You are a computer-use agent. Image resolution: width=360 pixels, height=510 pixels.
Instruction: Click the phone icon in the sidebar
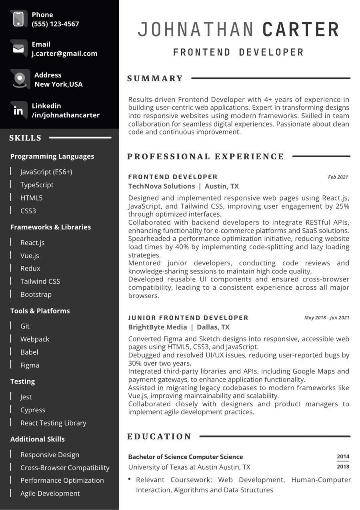(x=18, y=19)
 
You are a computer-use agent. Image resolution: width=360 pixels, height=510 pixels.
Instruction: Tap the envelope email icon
(x=18, y=49)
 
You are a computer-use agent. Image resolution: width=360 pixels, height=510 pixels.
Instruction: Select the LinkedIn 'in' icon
(x=18, y=110)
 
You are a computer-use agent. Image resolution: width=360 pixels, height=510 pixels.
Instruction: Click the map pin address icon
(x=20, y=79)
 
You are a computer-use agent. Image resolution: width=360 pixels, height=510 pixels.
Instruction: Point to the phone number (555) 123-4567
(x=55, y=24)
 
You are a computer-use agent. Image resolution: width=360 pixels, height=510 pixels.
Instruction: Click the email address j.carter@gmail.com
(x=64, y=53)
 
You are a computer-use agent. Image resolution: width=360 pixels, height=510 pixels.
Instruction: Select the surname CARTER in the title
(x=301, y=30)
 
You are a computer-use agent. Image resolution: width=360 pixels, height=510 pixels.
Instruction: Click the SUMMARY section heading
(x=155, y=79)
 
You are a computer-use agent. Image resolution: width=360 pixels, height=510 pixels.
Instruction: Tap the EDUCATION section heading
(x=159, y=437)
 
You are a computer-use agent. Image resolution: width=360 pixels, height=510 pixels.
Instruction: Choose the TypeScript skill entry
(x=37, y=185)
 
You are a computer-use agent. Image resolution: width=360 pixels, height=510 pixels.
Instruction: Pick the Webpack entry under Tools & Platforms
(x=35, y=339)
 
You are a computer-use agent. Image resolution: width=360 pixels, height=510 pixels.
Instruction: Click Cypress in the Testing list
(x=33, y=410)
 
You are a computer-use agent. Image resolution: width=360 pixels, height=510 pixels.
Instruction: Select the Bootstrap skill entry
(x=36, y=294)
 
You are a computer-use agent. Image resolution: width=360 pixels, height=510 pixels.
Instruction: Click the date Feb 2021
(x=338, y=177)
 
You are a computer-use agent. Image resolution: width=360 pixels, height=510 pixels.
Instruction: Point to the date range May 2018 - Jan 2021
(x=326, y=318)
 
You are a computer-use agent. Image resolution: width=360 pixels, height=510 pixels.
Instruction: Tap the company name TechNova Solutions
(x=161, y=186)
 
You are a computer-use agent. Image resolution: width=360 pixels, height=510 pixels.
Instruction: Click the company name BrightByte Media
(x=157, y=327)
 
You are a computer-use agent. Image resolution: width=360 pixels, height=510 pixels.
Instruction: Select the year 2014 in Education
(x=343, y=456)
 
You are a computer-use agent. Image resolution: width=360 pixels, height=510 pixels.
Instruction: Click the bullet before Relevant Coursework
(x=129, y=479)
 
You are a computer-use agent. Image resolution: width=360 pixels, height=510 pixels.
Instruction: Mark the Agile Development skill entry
(x=50, y=494)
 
